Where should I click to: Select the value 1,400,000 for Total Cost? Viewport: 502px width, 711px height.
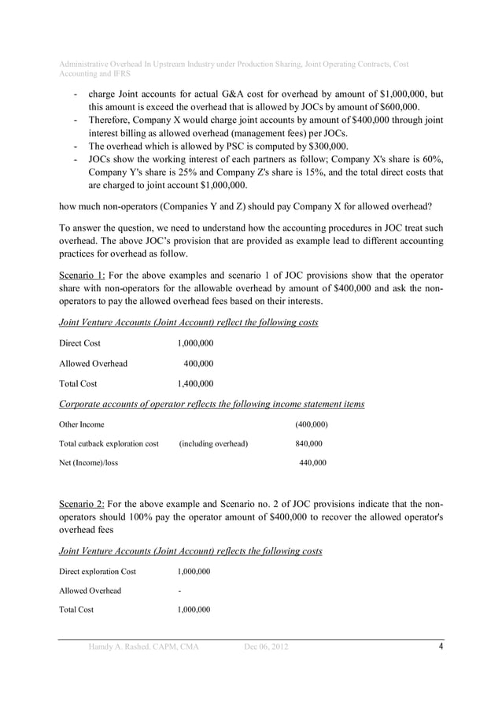(x=195, y=383)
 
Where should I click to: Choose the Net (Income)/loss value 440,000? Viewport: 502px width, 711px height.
(x=312, y=463)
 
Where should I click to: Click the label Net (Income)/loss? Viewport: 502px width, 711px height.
(x=89, y=463)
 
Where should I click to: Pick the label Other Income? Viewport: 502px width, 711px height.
(x=82, y=424)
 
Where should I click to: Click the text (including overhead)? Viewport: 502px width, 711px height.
(x=213, y=443)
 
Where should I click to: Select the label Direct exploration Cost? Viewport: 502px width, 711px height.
(x=98, y=571)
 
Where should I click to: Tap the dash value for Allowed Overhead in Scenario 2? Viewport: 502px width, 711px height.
(x=180, y=591)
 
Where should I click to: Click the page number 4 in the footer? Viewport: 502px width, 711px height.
(x=441, y=647)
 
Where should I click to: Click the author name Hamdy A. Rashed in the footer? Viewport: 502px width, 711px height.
(x=119, y=647)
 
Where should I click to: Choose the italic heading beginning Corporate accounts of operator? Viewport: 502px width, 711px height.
(x=212, y=404)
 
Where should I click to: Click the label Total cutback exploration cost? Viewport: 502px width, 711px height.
(x=109, y=443)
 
